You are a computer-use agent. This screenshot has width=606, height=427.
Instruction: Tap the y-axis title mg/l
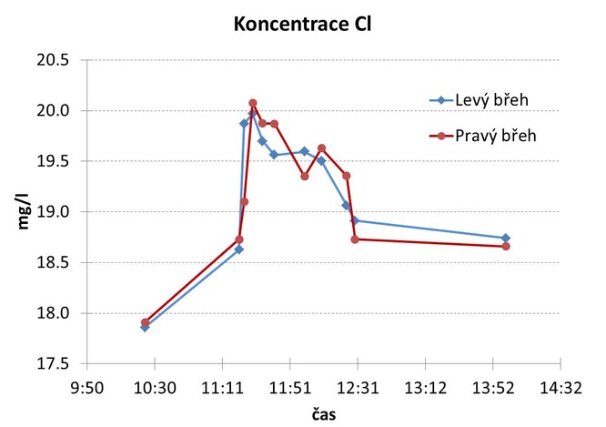27,212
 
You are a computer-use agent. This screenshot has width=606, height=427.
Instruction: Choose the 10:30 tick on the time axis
155,387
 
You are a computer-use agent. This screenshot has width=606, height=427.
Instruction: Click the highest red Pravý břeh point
253,103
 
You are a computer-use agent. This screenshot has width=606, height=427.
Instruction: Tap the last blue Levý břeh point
506,239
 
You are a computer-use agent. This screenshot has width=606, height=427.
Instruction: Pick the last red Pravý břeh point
506,247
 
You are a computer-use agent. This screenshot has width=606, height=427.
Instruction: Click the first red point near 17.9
145,322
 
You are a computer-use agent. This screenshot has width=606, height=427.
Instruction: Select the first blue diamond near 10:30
145,328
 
